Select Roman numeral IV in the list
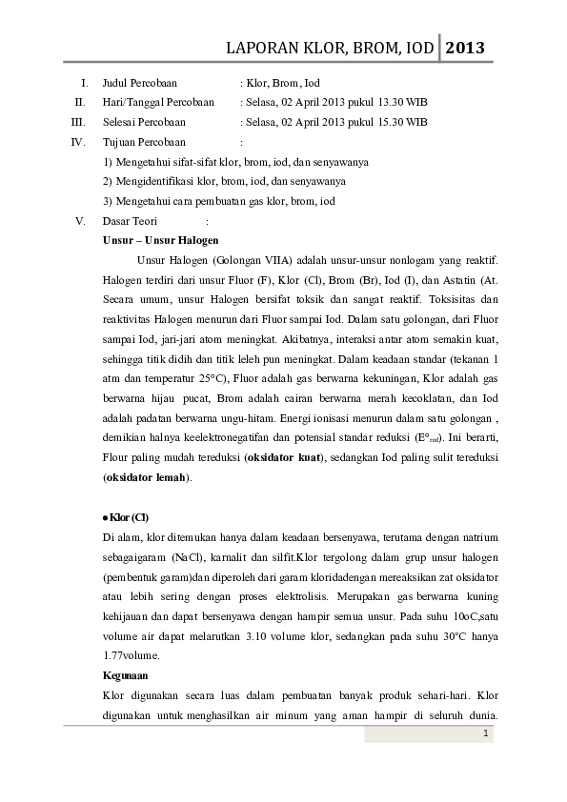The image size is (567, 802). (x=79, y=142)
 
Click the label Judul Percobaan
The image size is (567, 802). (x=139, y=83)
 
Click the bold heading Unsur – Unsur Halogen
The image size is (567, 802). (x=160, y=240)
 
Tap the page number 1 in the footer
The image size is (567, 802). (x=486, y=733)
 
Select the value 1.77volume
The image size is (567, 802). (x=132, y=655)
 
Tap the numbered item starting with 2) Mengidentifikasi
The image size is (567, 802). (x=223, y=181)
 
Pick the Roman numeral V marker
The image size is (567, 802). (x=81, y=221)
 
